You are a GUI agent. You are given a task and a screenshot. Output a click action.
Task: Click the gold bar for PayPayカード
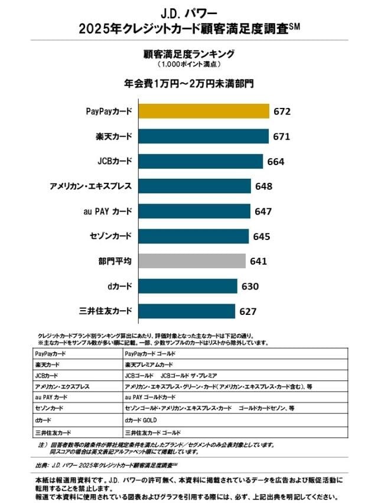[x=204, y=111]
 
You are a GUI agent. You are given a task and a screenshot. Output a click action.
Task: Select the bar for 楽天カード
[x=203, y=136]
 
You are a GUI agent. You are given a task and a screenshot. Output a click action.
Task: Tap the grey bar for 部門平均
[x=192, y=261]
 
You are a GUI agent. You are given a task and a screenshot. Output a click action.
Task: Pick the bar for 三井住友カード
[x=187, y=310]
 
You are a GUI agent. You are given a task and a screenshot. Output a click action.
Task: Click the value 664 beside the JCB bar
[x=276, y=162]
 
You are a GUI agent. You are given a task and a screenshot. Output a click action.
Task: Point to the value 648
[x=263, y=186]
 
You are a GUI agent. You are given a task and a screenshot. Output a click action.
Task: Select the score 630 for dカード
[x=250, y=286]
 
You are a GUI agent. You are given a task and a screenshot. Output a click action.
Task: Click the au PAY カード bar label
[x=106, y=211]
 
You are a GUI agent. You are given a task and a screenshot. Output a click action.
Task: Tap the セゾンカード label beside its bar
[x=110, y=236]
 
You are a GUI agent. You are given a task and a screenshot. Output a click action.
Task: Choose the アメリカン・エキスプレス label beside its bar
[x=91, y=186]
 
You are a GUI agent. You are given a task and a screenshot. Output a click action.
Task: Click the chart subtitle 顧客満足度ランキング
[x=189, y=54]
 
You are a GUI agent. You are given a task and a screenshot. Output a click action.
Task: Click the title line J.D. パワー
[x=189, y=12]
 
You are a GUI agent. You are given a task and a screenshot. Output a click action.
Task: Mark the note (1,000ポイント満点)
[x=189, y=64]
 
